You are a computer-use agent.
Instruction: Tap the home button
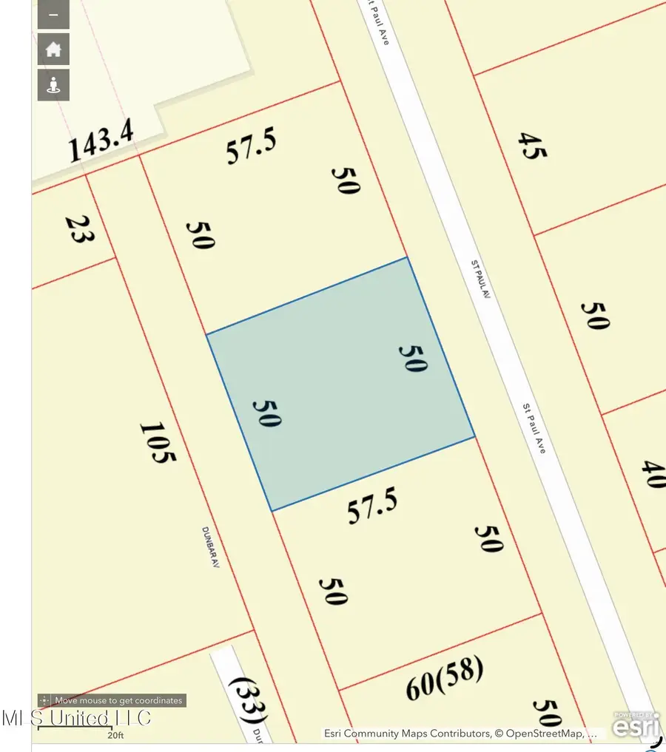[x=53, y=50]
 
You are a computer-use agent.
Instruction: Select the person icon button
[x=53, y=85]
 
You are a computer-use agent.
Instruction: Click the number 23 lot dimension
[x=78, y=230]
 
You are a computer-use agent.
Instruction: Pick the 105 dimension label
[x=158, y=442]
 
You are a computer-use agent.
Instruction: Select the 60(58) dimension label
[x=445, y=679]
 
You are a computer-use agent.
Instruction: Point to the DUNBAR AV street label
[x=212, y=547]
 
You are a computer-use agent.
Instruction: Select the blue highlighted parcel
[x=340, y=385]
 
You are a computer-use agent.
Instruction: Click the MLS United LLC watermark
[x=77, y=717]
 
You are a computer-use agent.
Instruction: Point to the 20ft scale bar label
[x=115, y=735]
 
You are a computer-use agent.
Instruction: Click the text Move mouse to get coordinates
[x=118, y=700]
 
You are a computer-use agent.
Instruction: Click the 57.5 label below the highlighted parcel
[x=372, y=507]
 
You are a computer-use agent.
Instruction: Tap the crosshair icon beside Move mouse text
[x=45, y=700]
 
